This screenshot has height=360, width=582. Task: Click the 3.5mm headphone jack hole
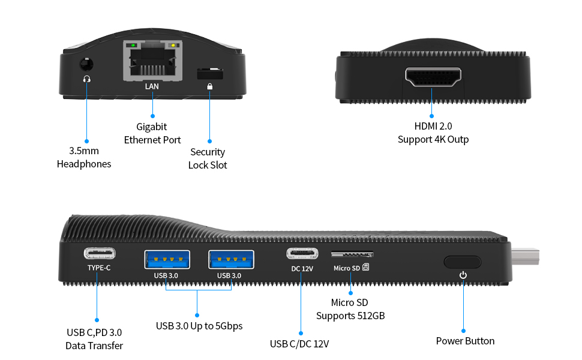(x=86, y=64)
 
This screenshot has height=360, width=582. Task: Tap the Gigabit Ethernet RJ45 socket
(x=152, y=61)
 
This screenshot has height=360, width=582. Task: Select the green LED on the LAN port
(x=133, y=45)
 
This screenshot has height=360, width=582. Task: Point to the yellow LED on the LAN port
(x=173, y=45)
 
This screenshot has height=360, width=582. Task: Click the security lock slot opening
(x=210, y=73)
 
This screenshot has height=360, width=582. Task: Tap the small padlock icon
(x=210, y=86)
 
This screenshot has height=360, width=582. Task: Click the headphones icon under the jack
(x=87, y=79)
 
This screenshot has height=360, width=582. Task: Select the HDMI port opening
(x=433, y=77)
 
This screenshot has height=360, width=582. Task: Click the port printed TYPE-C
(x=100, y=253)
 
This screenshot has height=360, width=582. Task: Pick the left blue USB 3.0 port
(x=167, y=259)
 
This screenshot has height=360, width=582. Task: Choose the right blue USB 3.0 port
(x=231, y=259)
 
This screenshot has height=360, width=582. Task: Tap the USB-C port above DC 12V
(x=302, y=253)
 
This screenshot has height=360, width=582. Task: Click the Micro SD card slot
(x=352, y=254)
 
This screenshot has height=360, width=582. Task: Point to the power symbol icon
(x=463, y=275)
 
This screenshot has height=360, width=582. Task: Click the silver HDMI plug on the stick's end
(x=525, y=256)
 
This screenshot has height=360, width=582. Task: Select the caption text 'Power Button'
(x=465, y=341)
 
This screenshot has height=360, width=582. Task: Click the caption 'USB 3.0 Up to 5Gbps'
(x=199, y=326)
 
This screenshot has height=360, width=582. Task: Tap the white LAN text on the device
(x=152, y=86)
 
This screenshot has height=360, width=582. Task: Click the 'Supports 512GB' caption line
(x=350, y=316)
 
